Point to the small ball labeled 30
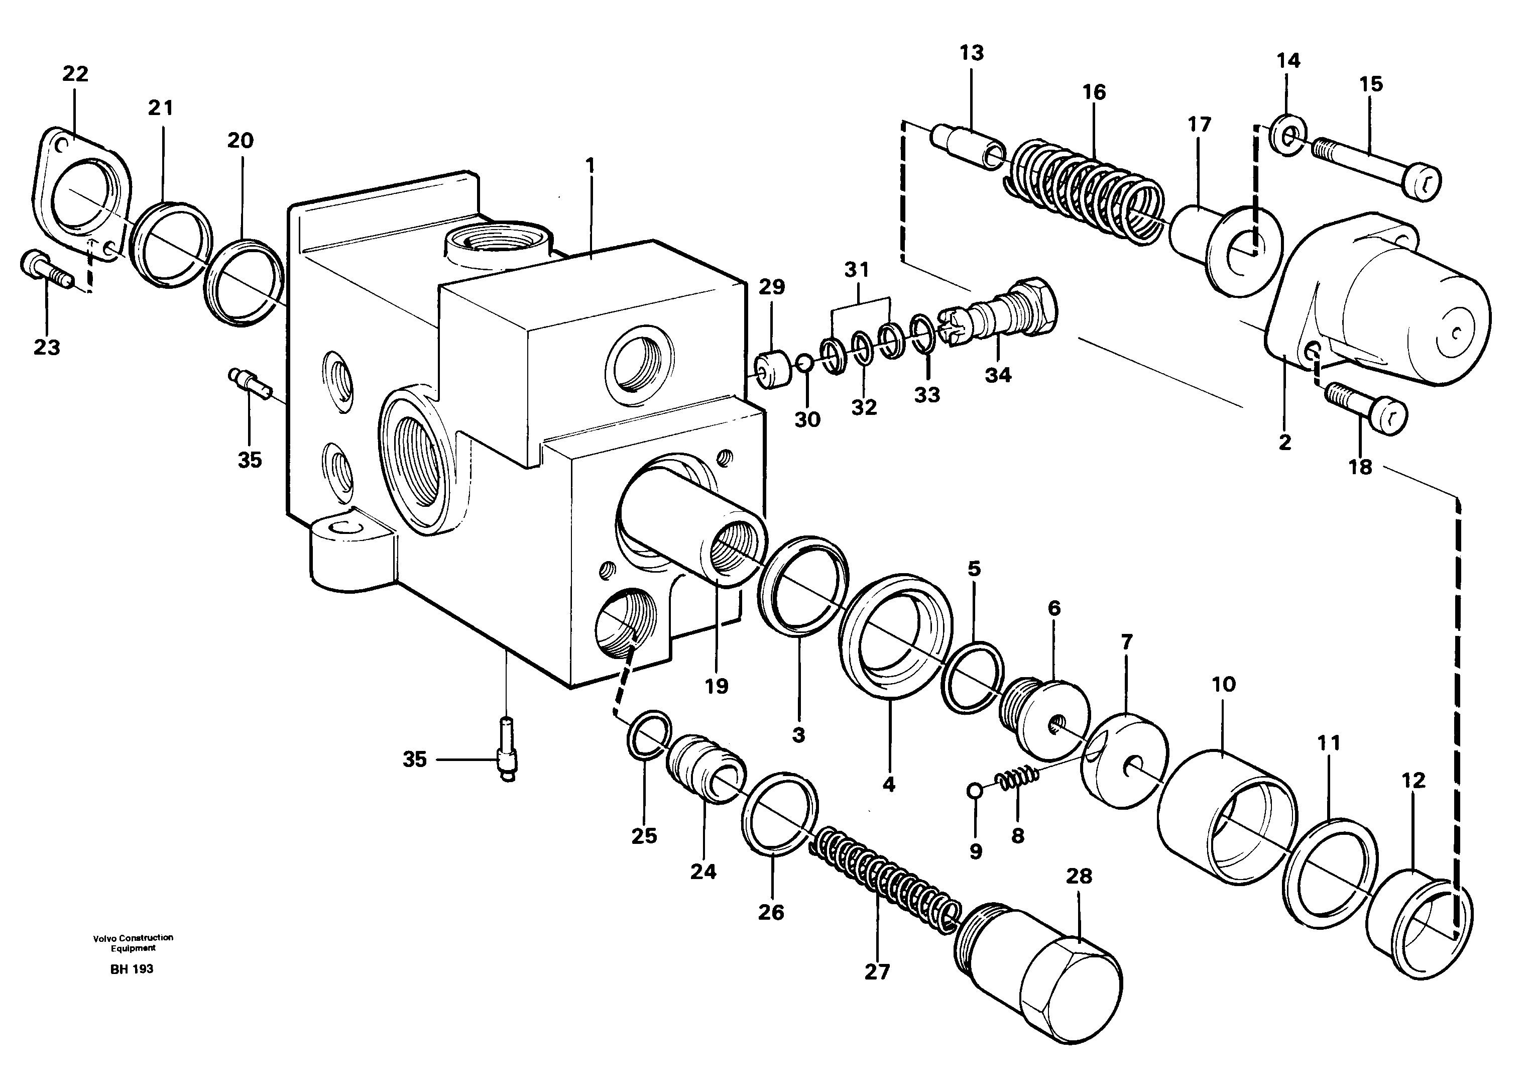(805, 363)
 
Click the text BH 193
(132, 969)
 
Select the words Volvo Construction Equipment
(133, 942)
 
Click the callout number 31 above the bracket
(856, 270)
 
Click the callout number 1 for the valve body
(590, 164)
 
